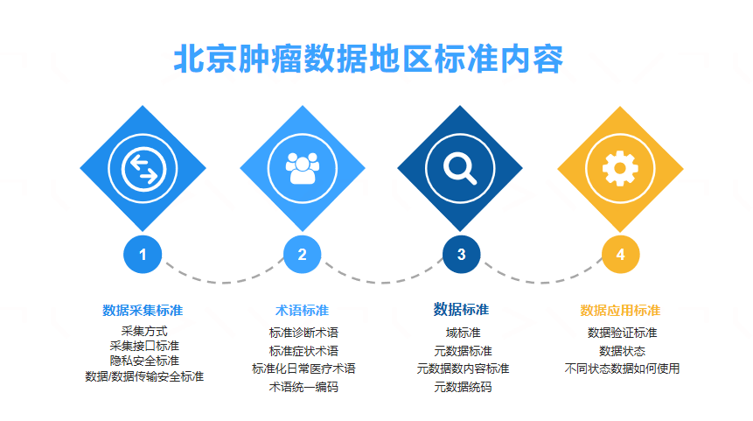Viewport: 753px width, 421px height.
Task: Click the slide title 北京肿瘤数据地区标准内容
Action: coord(368,60)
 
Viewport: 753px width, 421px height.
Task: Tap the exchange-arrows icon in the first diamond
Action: coord(143,169)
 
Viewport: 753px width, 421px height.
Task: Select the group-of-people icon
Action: coord(302,168)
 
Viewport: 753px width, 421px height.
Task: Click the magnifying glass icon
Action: coord(460,168)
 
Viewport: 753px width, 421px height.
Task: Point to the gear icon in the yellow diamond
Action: coord(620,168)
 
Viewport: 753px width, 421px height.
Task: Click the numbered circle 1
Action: coord(143,254)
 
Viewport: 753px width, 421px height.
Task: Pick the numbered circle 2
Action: coord(302,254)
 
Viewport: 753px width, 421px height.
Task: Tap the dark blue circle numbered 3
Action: coord(461,254)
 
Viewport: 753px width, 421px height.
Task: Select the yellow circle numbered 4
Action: coord(620,254)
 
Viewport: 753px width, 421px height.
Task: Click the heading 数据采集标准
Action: coord(143,311)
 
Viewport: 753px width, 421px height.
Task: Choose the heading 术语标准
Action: coord(302,311)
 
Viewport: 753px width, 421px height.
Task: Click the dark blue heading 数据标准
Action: coord(461,310)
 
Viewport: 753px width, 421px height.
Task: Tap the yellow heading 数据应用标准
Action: coord(620,311)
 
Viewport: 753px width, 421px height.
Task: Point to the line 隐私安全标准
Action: coord(144,361)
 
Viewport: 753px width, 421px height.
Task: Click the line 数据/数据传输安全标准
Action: coord(144,376)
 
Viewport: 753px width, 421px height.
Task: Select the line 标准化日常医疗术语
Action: coord(303,368)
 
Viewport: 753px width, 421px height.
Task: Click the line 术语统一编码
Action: coord(303,387)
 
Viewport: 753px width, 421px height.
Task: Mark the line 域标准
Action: coord(463,333)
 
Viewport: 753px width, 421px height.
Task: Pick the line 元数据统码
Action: coord(463,387)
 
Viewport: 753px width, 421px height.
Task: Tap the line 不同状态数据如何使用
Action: coord(623,368)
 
